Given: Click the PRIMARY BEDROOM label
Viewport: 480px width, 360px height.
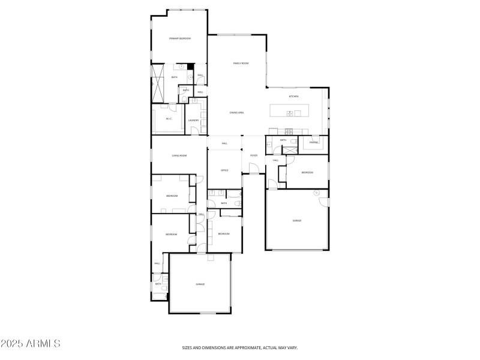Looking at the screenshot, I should coord(180,38).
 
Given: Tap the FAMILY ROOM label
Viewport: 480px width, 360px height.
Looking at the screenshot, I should coord(241,63).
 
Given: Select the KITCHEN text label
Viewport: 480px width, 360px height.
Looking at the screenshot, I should coord(293,97).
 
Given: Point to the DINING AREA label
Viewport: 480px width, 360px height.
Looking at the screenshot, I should coord(236,113).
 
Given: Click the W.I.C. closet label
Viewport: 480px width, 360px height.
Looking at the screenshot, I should coord(169,119).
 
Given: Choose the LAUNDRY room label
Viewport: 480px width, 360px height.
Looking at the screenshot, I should coord(193,121).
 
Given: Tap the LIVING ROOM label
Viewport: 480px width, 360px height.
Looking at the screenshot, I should coord(179,156).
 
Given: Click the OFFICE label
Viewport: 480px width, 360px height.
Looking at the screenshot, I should coord(224,170).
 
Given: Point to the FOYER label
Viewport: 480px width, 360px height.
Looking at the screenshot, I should coord(254,156).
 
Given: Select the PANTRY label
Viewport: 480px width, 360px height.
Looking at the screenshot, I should coord(314,143).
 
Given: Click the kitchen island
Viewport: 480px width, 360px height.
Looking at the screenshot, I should coord(289,111).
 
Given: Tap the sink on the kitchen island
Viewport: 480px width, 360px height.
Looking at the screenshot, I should coord(289,113).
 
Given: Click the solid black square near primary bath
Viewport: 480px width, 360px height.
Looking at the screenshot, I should coord(190,67).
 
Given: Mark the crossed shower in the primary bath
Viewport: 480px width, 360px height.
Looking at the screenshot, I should coord(158,83).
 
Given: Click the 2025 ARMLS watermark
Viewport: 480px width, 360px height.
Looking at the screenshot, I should coord(30,344).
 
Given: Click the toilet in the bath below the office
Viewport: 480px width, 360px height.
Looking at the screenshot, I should coord(238,204).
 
